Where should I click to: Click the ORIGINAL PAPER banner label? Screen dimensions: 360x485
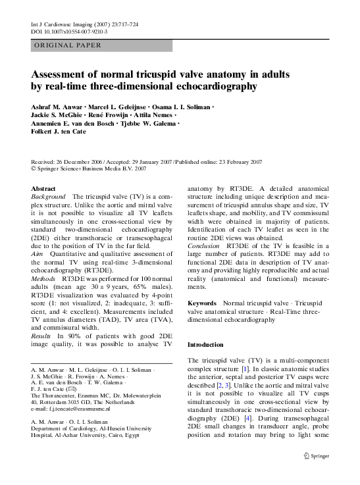tap(67, 45)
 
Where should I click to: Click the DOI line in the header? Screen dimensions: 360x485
tap(70, 31)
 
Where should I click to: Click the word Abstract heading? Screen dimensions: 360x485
tap(43, 188)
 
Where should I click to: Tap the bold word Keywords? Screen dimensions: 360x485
tap(203, 303)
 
